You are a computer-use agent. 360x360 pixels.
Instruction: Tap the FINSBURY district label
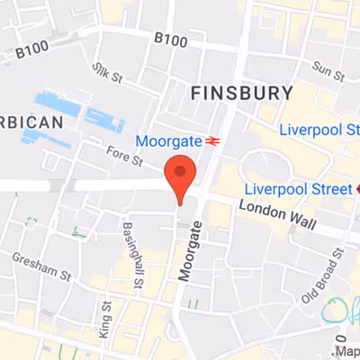click(242, 93)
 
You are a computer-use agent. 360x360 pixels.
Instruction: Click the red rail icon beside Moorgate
click(213, 141)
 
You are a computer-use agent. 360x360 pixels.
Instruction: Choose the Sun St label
click(322, 67)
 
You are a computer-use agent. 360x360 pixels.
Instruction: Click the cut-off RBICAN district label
click(31, 121)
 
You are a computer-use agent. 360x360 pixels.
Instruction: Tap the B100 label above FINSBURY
click(172, 38)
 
